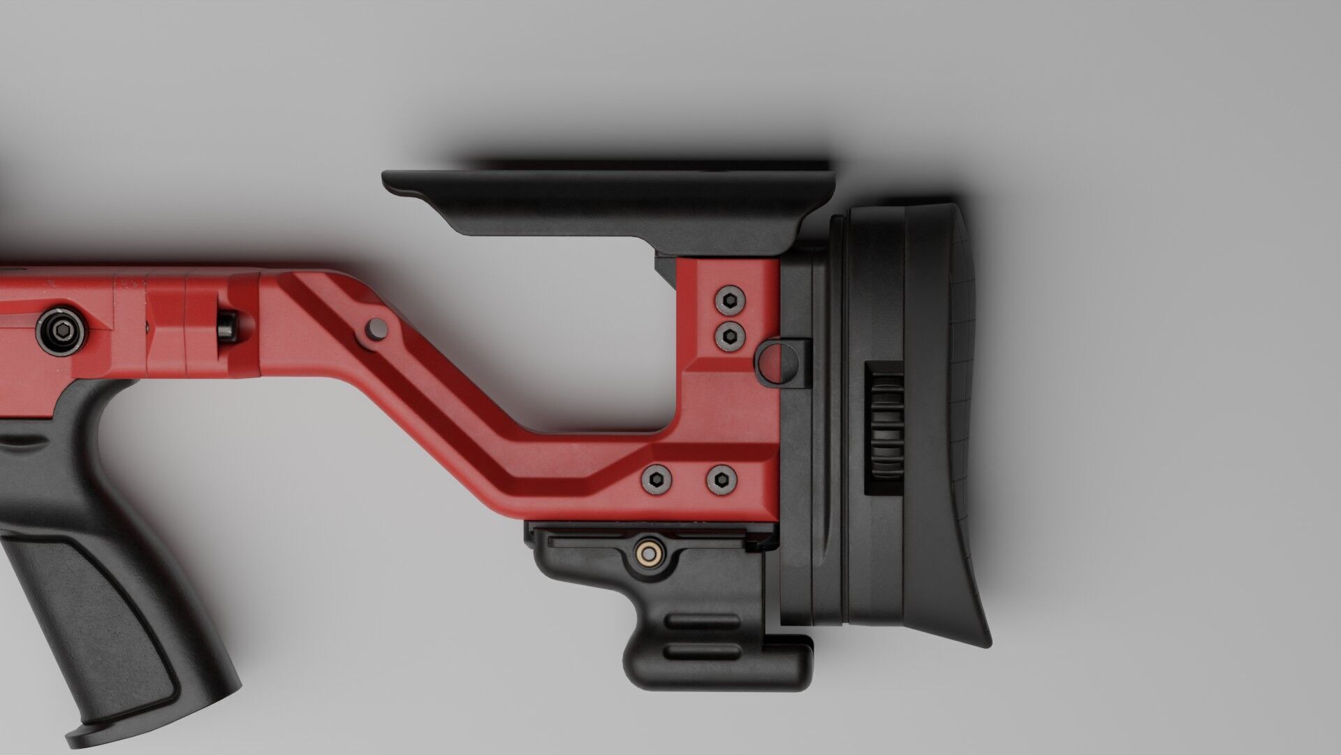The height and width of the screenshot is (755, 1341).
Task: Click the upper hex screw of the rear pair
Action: (x=729, y=301)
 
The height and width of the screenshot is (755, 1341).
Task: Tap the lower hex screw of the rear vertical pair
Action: (x=729, y=336)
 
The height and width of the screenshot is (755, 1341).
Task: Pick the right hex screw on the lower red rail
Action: (x=720, y=479)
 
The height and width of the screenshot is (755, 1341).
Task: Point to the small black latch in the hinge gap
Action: (x=228, y=327)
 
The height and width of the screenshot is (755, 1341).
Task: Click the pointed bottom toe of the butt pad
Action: (x=981, y=640)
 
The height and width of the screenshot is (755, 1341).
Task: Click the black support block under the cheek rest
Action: (x=666, y=264)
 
